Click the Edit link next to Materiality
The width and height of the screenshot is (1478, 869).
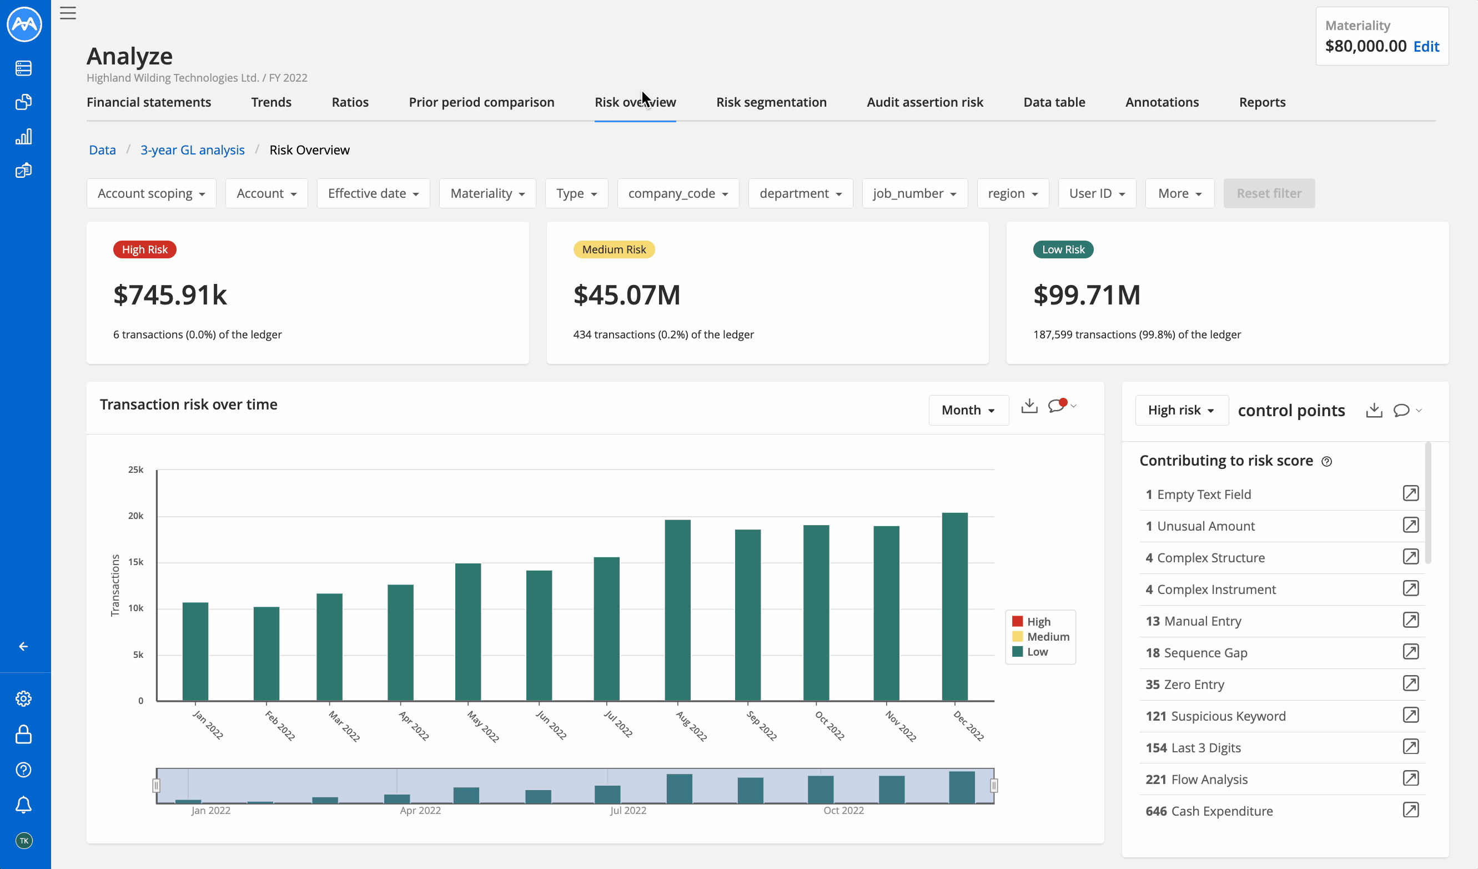point(1426,46)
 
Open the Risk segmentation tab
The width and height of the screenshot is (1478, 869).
point(771,102)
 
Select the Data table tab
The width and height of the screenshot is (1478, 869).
point(1053,102)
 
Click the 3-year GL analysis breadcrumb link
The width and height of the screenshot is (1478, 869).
point(192,150)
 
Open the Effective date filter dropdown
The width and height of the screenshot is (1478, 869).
point(373,193)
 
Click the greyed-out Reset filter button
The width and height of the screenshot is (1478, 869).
point(1269,193)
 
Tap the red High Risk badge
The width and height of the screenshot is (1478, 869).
point(144,250)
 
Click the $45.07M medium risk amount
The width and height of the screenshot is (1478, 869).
point(626,295)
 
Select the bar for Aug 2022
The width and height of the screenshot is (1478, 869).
point(677,610)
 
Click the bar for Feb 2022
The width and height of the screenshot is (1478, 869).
point(267,653)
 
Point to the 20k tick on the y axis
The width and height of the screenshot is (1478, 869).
point(135,516)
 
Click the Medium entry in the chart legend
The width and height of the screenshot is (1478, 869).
point(1048,637)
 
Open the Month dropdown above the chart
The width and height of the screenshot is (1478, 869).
point(968,410)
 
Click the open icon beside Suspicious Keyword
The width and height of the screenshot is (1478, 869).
point(1410,715)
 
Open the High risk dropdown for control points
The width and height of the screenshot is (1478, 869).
point(1180,410)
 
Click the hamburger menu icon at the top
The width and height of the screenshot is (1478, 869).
point(68,13)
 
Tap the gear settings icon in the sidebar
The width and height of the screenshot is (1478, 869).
point(23,699)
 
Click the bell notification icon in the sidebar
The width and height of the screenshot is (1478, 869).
point(23,805)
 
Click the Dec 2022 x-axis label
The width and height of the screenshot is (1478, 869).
point(968,726)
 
